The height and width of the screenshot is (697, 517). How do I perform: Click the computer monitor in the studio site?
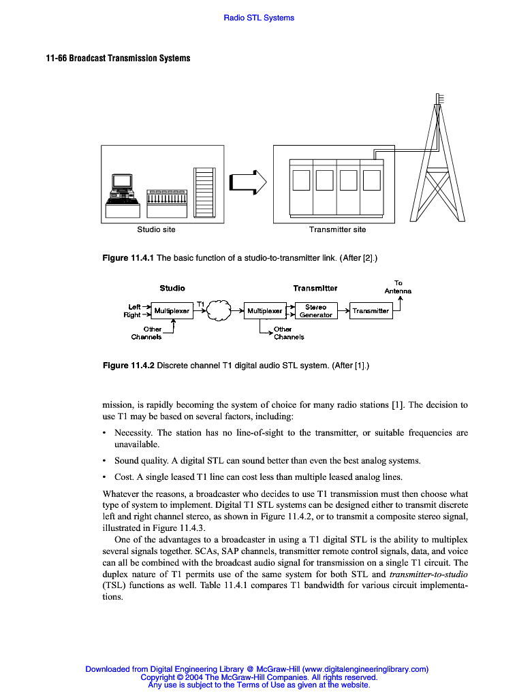(x=122, y=182)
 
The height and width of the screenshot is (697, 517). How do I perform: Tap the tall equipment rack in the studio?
(x=204, y=193)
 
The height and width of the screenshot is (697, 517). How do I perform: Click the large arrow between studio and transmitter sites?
(x=248, y=182)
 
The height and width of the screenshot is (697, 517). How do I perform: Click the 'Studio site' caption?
(x=156, y=229)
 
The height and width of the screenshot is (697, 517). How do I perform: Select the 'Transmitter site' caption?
(x=337, y=229)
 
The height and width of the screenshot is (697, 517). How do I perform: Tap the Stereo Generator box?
(x=316, y=311)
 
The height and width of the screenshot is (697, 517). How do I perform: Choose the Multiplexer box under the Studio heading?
(x=172, y=311)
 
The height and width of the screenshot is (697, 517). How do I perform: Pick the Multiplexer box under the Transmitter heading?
(x=264, y=311)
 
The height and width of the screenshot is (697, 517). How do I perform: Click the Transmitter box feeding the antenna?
(x=371, y=311)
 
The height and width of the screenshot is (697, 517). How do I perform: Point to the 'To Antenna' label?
(x=398, y=287)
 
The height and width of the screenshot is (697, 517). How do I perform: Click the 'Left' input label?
(x=135, y=307)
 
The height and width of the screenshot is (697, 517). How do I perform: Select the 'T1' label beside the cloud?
(x=201, y=303)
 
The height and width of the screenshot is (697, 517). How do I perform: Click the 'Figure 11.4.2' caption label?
(x=128, y=366)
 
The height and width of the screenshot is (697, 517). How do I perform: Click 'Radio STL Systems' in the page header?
(x=259, y=18)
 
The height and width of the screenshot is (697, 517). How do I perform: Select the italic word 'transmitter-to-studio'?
(x=428, y=574)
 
